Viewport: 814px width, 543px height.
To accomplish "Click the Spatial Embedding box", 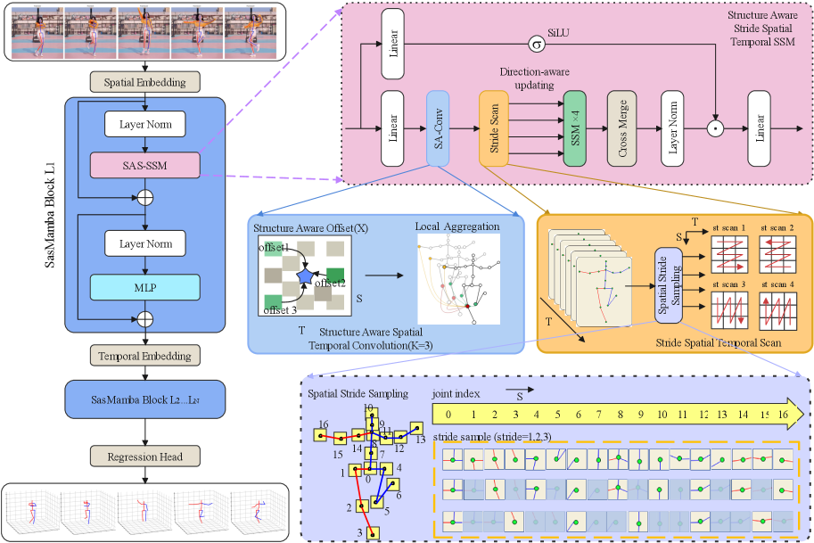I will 144,82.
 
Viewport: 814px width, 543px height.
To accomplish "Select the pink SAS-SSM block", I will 144,165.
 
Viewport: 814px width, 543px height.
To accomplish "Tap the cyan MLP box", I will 144,287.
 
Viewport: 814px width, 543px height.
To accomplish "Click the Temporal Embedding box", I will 144,356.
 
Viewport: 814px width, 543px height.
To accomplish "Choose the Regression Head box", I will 144,457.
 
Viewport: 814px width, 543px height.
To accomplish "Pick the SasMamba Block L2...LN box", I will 144,399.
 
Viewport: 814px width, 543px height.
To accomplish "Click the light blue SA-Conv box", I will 437,128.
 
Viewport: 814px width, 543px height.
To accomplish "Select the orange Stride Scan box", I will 493,128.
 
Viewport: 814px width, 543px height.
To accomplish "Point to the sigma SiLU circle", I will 536,43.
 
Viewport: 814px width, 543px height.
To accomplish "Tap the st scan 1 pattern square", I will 728,251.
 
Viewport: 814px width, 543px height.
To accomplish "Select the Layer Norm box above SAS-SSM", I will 144,124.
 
